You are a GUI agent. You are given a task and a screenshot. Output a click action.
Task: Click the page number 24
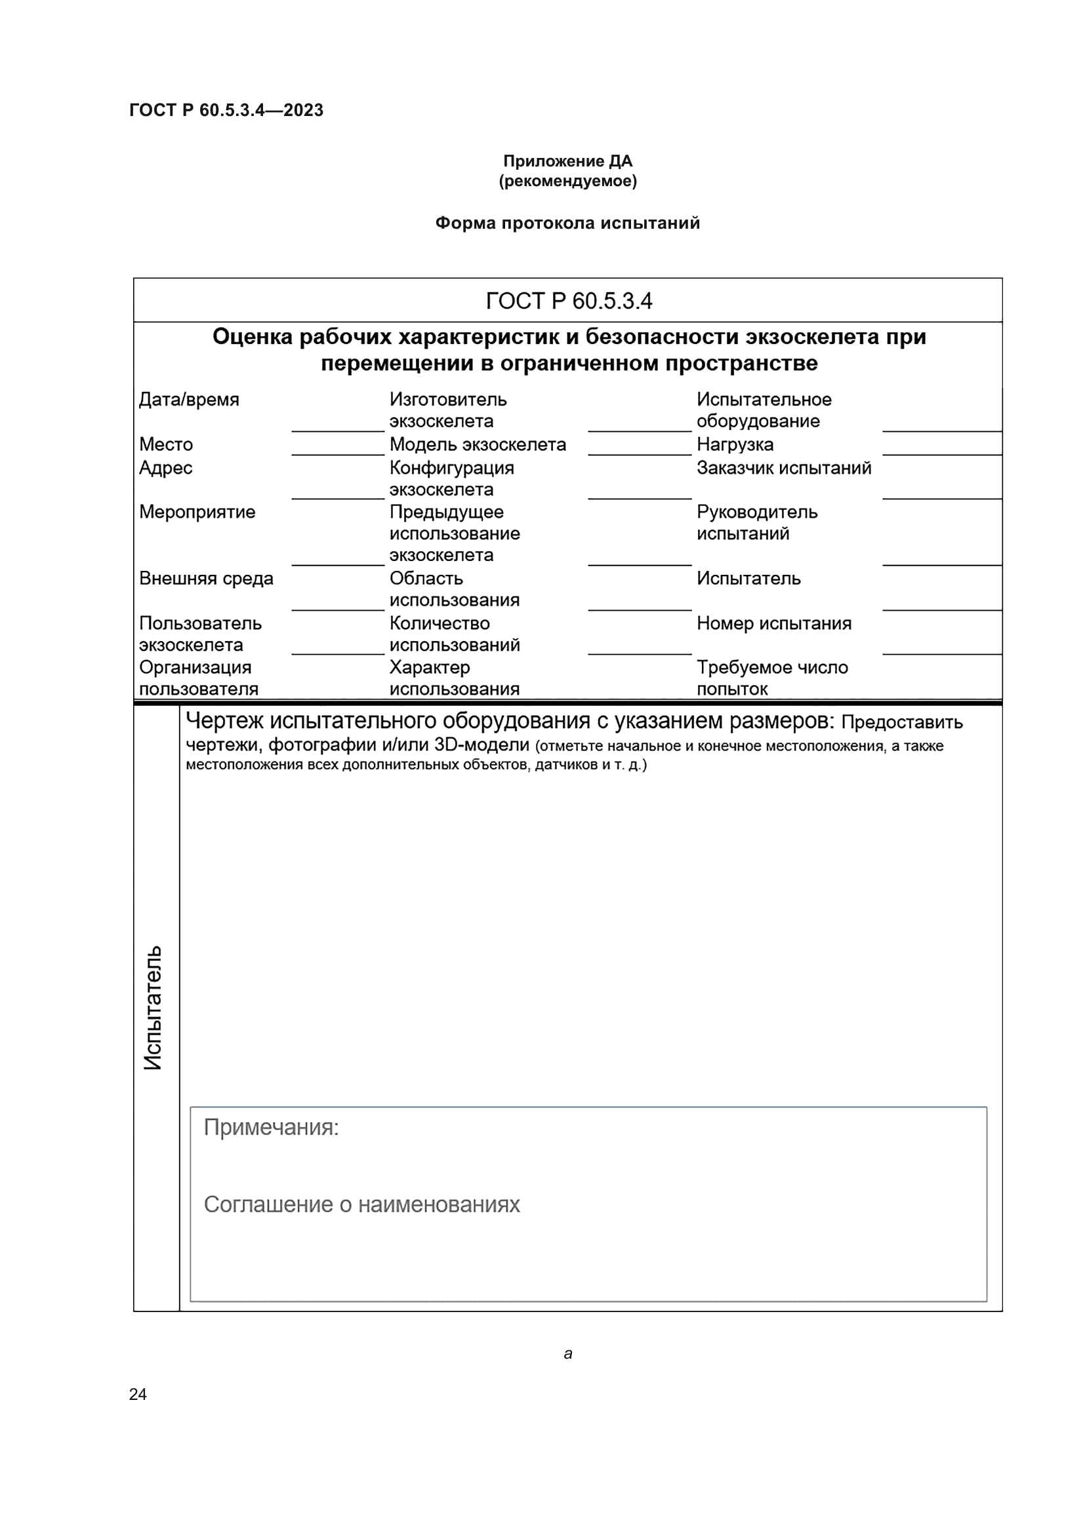pos(138,1394)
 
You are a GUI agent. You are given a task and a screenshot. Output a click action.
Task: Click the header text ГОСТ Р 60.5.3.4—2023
pos(226,110)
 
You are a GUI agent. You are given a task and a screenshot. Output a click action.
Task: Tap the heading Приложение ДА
pos(567,161)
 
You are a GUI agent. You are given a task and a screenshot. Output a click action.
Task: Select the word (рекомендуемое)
pos(567,181)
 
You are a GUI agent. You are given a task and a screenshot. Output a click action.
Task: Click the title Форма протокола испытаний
pos(567,223)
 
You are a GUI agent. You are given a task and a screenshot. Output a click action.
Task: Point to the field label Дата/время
pos(189,399)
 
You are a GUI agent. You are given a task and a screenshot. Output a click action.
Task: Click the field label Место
pos(166,444)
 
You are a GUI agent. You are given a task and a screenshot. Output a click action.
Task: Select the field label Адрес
pos(166,467)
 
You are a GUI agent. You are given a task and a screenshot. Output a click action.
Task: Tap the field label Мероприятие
pos(197,511)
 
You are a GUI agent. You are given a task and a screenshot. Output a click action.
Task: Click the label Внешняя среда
pos(206,578)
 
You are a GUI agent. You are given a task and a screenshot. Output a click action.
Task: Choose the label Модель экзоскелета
pos(477,444)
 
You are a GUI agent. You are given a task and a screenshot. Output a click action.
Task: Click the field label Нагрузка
pos(735,444)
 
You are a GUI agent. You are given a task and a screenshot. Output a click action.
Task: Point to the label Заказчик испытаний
pos(784,467)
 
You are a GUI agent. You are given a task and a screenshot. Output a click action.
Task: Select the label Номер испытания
pos(773,623)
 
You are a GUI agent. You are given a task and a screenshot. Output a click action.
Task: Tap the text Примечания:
pos(272,1127)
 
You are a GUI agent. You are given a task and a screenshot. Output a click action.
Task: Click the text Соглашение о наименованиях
pos(361,1205)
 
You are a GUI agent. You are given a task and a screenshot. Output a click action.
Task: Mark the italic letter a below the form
pos(568,1353)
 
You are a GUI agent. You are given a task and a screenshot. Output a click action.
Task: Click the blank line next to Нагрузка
pos(941,449)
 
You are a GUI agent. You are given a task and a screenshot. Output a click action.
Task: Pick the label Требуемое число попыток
pos(771,678)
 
